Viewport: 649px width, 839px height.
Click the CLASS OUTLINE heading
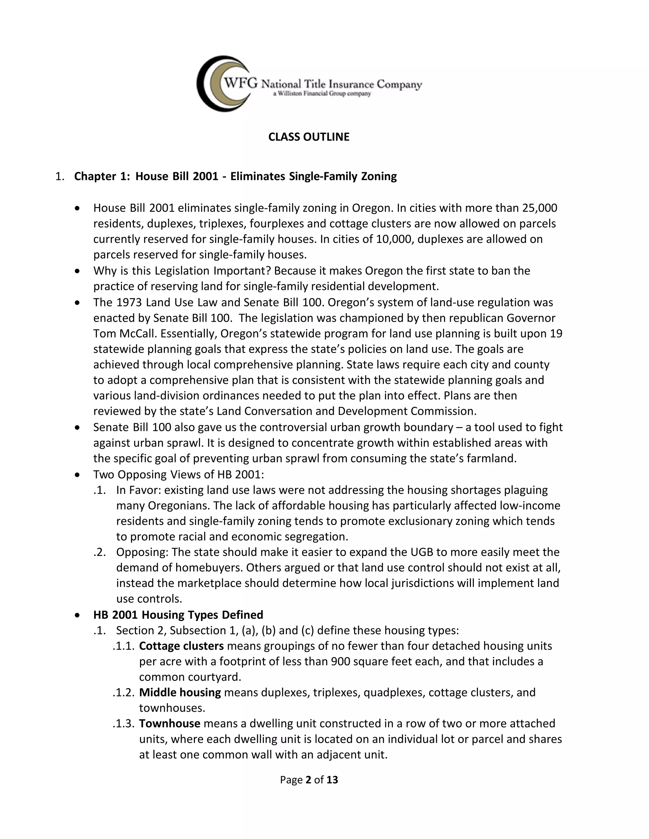[309, 137]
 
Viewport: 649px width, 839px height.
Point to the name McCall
[136, 333]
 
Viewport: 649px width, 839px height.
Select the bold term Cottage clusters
[181, 646]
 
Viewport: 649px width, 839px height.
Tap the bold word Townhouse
[170, 723]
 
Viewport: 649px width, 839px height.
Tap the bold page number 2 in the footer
[308, 780]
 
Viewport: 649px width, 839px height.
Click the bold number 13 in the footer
[332, 780]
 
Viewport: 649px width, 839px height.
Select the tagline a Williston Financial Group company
[322, 94]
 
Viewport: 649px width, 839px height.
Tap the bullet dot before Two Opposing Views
[78, 475]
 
